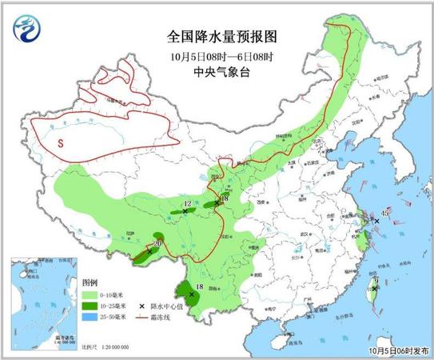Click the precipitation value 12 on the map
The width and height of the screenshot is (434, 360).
pyautogui.click(x=187, y=205)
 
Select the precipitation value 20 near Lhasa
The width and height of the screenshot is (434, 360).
pyautogui.click(x=157, y=242)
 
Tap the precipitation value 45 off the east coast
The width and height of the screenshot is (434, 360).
pyautogui.click(x=384, y=213)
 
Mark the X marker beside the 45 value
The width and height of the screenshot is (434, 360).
pyautogui.click(x=376, y=222)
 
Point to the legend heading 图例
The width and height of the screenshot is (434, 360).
pyautogui.click(x=90, y=284)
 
